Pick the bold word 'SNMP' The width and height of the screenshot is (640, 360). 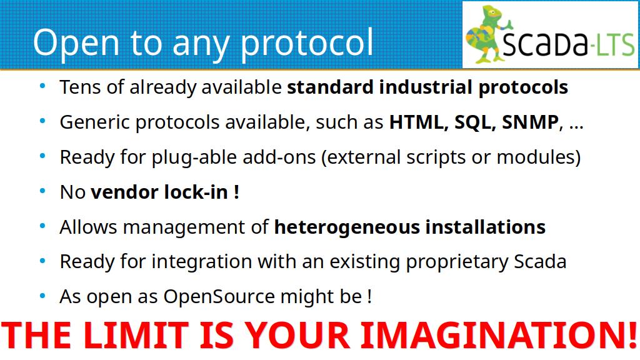coord(530,122)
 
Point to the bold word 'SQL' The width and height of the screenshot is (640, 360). coord(475,122)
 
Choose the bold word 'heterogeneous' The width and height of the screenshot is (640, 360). coord(347,227)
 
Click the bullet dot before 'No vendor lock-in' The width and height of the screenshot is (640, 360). coord(42,191)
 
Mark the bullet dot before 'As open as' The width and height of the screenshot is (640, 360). coord(42,296)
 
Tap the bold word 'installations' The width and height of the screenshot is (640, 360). coord(485,227)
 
